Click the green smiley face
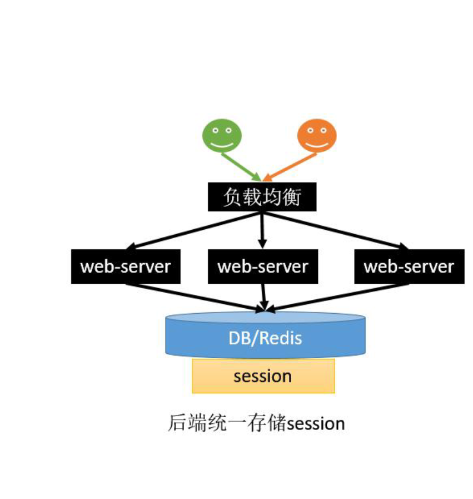(x=222, y=135)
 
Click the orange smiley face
(x=317, y=135)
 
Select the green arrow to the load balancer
(x=241, y=165)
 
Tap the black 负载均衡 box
(x=262, y=197)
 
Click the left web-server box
(x=126, y=266)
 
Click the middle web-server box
(x=262, y=266)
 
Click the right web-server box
(x=409, y=266)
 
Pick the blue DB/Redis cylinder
(x=265, y=335)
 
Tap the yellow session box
(x=263, y=376)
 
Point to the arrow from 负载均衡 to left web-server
(x=189, y=230)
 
